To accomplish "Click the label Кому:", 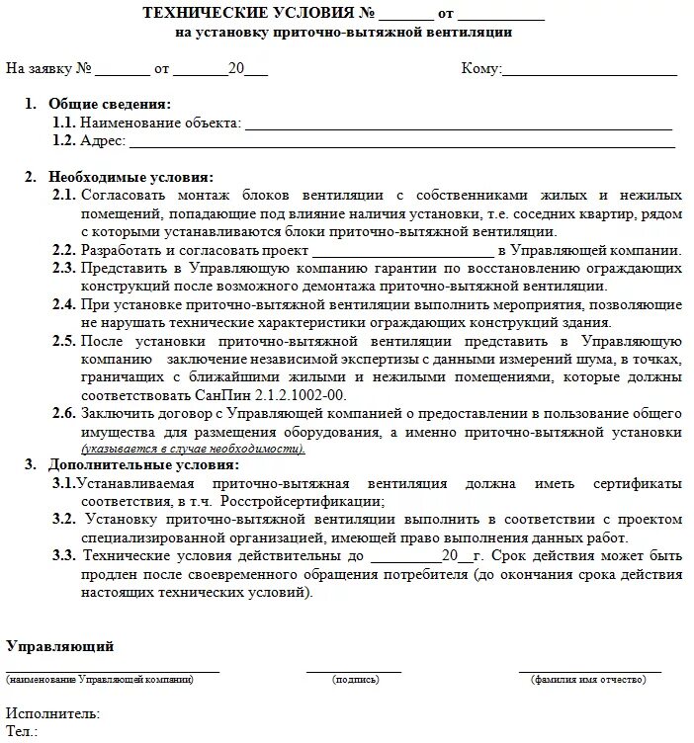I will (x=481, y=69).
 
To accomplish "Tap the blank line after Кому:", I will (x=590, y=71).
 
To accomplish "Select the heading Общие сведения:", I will (x=110, y=104).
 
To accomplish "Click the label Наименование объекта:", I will (x=160, y=123).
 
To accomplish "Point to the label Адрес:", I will (x=103, y=141).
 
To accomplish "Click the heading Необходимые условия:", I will (x=130, y=177).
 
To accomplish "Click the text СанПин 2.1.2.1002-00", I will (x=289, y=395).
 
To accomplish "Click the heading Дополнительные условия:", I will (x=143, y=464).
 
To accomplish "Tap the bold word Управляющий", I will (x=60, y=646).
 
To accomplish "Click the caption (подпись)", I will (x=355, y=680).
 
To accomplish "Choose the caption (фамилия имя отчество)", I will (x=590, y=680).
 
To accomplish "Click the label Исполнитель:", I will (x=52, y=713).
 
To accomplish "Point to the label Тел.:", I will (x=22, y=732).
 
